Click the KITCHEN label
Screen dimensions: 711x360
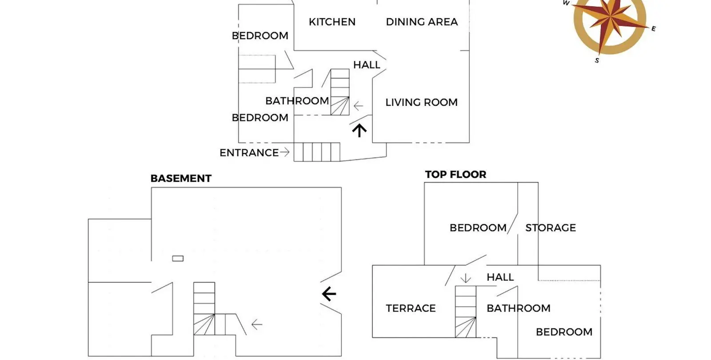point(332,22)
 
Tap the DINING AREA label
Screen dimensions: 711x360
point(422,22)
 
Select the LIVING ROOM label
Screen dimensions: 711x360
point(422,102)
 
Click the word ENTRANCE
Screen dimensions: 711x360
point(249,153)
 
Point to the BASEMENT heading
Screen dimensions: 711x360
point(181,178)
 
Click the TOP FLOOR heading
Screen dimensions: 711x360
point(455,174)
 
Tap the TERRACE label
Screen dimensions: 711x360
point(411,308)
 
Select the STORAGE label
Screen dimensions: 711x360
point(551,228)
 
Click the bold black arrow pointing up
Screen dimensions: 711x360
point(359,131)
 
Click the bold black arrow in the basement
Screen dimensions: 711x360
point(329,294)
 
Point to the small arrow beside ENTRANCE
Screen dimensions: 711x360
point(285,152)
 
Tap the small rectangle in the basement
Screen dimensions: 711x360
point(178,258)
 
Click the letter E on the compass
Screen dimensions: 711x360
point(654,29)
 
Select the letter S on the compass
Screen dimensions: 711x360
point(597,60)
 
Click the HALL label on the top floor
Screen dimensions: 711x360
point(500,277)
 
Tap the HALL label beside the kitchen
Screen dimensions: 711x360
point(367,65)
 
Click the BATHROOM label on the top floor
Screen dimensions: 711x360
point(519,308)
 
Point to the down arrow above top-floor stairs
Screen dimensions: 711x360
point(466,278)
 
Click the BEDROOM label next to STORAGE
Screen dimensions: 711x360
point(478,228)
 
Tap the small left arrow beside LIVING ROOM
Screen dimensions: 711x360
point(358,106)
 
